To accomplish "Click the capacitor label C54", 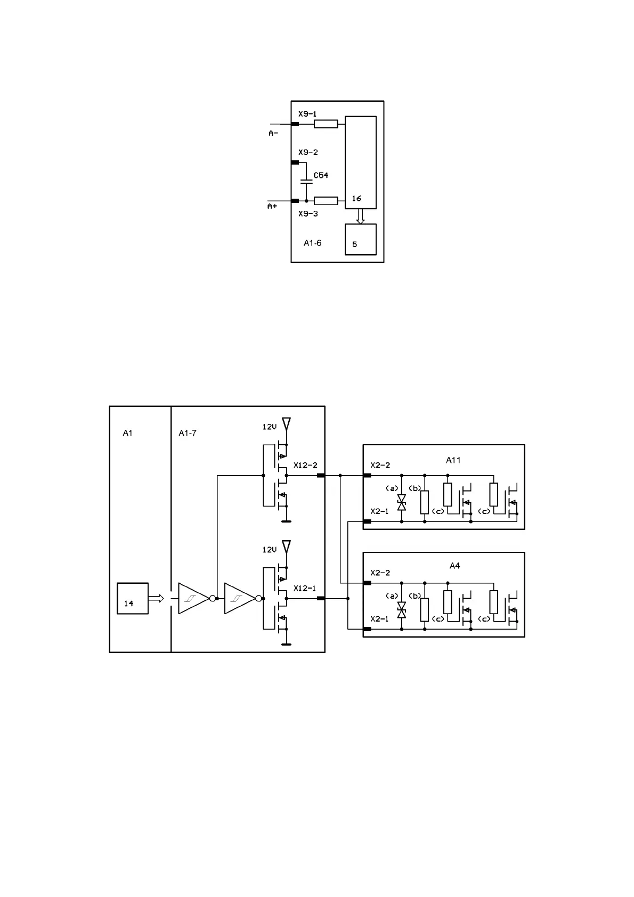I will pyautogui.click(x=321, y=175).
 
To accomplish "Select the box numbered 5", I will pyautogui.click(x=361, y=240).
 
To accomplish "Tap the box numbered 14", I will pyautogui.click(x=133, y=599).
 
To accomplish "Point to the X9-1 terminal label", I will pyautogui.click(x=307, y=114).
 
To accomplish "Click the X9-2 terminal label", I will pyautogui.click(x=308, y=152).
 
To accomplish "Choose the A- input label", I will pyautogui.click(x=273, y=133).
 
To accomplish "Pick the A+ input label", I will pyautogui.click(x=272, y=206).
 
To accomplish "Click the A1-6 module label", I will pyautogui.click(x=313, y=243).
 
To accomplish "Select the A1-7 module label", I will pyautogui.click(x=188, y=433).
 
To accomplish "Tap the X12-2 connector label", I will pyautogui.click(x=305, y=466).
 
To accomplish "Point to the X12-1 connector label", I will pyautogui.click(x=305, y=589).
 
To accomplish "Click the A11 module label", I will pyautogui.click(x=453, y=460).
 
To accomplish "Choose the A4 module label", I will pyautogui.click(x=454, y=566).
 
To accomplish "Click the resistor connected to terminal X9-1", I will pyautogui.click(x=326, y=124).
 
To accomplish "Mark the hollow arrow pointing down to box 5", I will pyautogui.click(x=361, y=216).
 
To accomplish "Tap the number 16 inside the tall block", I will pyautogui.click(x=356, y=198).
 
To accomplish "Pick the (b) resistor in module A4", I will pyautogui.click(x=425, y=610).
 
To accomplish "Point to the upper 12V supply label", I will pyautogui.click(x=270, y=427).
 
